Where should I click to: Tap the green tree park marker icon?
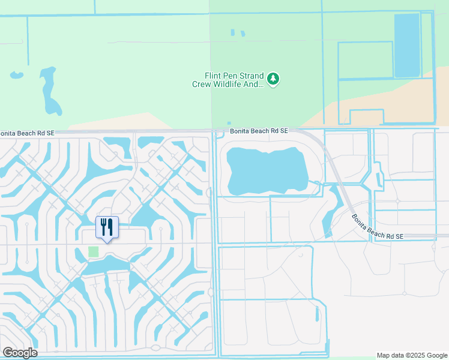click(273, 79)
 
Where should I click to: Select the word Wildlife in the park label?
click(228, 85)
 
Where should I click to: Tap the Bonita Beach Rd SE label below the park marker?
click(259, 130)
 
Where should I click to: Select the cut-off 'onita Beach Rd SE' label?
click(29, 133)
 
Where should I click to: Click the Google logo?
click(20, 353)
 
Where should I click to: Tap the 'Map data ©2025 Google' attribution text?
click(411, 355)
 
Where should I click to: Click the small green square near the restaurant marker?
click(93, 252)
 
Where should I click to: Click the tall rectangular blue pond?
click(407, 46)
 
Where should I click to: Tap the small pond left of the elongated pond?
click(16, 76)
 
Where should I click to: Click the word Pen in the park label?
click(232, 76)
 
